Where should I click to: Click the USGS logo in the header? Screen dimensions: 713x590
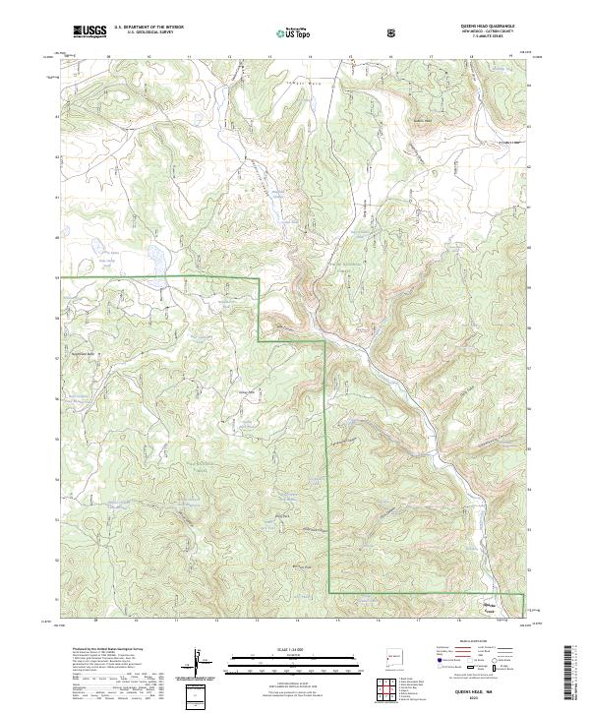pos(90,31)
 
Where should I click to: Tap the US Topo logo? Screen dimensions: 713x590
pos(286,31)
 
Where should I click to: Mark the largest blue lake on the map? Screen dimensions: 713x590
pos(154,261)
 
